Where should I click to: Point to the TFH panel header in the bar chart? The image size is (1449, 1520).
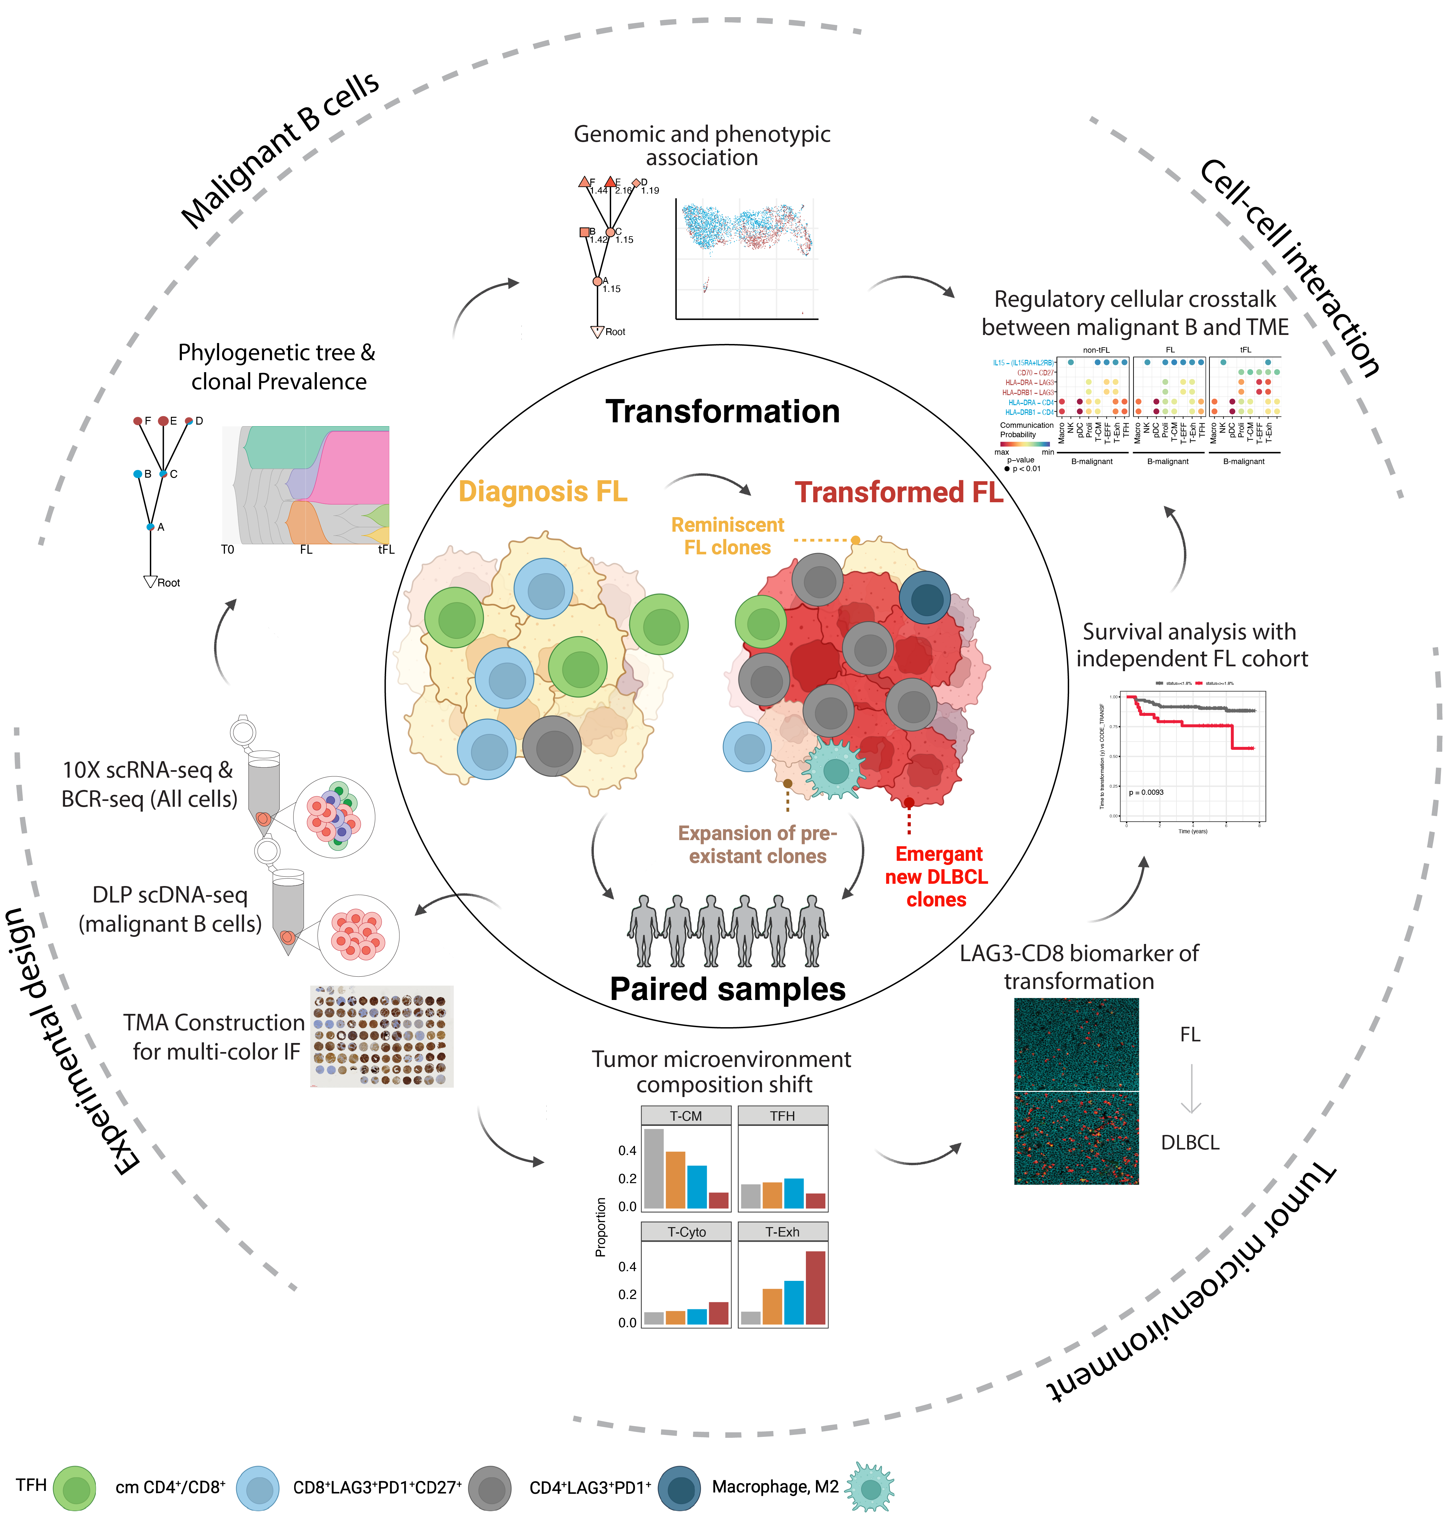[782, 1116]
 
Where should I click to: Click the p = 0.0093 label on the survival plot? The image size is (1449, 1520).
[1146, 793]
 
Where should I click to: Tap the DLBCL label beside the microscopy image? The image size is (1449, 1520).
[1189, 1142]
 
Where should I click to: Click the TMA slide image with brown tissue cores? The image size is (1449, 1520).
[382, 1036]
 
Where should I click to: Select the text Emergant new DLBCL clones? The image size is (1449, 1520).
[936, 877]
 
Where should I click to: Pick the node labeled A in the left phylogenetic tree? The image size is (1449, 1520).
[150, 527]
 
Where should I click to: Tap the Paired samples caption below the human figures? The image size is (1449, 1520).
[728, 989]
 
